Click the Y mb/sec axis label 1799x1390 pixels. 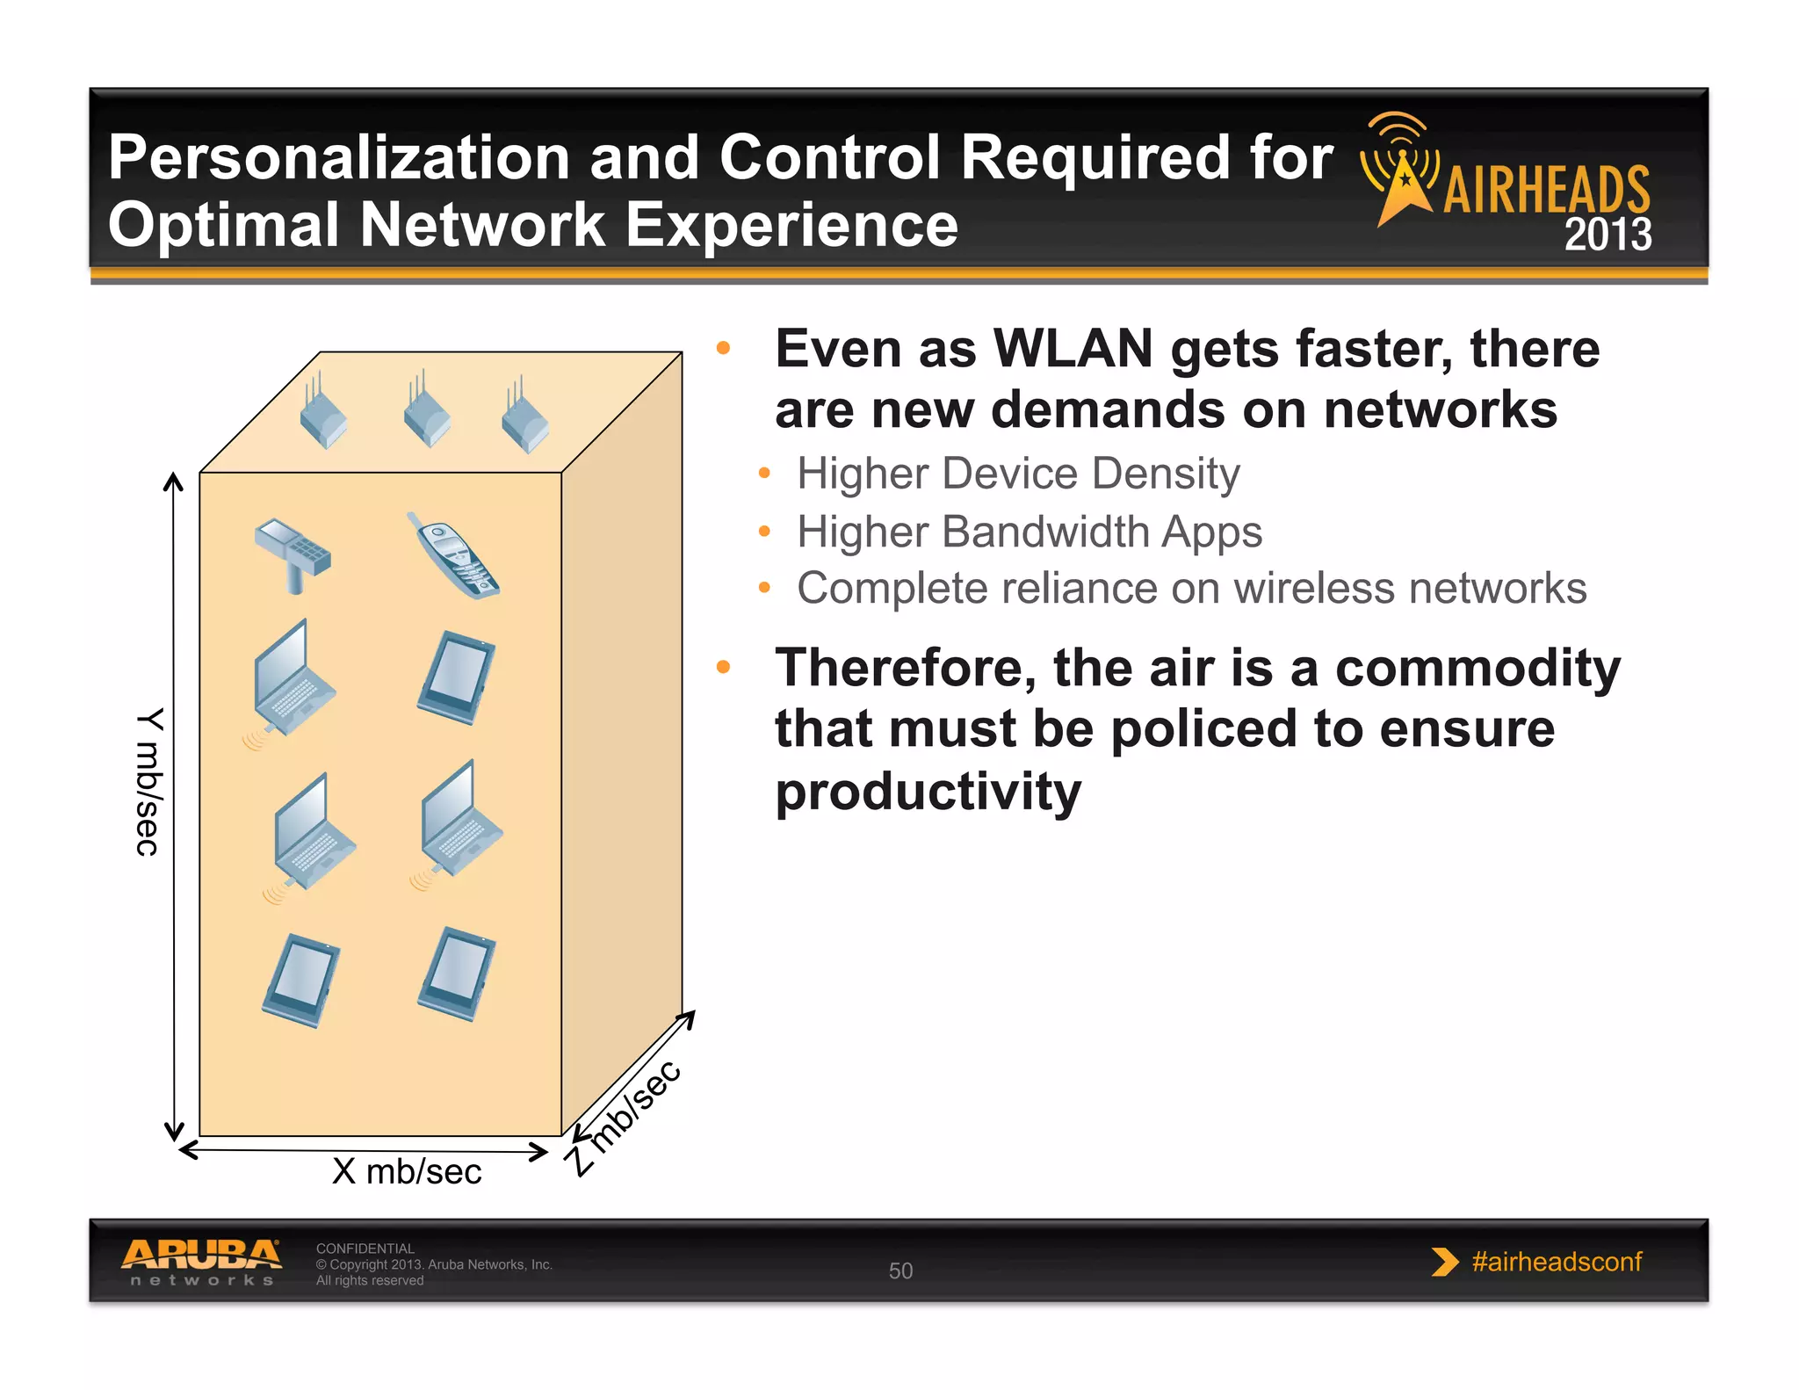[x=148, y=781]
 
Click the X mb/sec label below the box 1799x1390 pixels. [x=407, y=1171]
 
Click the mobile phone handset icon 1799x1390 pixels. [x=453, y=555]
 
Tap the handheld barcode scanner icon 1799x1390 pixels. [x=293, y=553]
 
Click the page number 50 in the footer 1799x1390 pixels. [x=900, y=1271]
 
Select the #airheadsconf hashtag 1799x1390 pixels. [x=1557, y=1262]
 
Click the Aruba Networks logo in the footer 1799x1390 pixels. [x=202, y=1262]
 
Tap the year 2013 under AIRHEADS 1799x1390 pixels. [x=1608, y=235]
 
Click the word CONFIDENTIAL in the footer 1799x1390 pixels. [x=365, y=1248]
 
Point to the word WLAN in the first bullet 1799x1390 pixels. [x=1073, y=349]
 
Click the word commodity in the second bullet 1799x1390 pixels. [x=1477, y=668]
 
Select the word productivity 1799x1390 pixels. [x=928, y=792]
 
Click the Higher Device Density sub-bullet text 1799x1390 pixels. [x=1017, y=474]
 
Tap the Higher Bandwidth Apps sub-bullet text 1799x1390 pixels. [x=1029, y=532]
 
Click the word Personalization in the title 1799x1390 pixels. [x=339, y=158]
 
